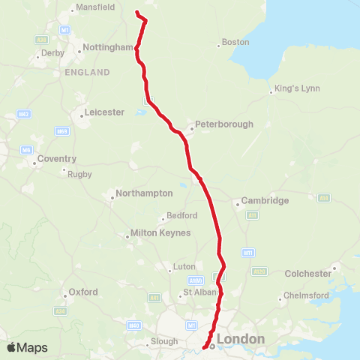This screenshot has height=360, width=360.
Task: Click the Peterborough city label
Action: tap(223, 124)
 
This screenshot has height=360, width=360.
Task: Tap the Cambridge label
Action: tap(265, 201)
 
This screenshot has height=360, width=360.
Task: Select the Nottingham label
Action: tap(106, 46)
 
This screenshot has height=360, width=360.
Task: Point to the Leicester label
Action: tap(105, 112)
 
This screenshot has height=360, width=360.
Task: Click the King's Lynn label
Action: tap(298, 88)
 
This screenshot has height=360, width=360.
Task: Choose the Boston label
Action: tap(235, 43)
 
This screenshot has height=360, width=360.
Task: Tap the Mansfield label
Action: tap(94, 8)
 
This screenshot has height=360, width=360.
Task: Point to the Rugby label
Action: tap(79, 174)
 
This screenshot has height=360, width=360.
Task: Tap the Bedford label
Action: tap(182, 215)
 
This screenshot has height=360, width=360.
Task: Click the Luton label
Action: tap(184, 266)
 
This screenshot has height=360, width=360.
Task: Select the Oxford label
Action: tap(83, 292)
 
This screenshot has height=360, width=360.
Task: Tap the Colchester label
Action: tap(307, 274)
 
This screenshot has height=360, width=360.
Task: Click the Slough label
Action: tap(164, 320)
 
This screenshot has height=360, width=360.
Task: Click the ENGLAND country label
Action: tap(87, 72)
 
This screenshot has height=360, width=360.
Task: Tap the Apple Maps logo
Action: tap(27, 348)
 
